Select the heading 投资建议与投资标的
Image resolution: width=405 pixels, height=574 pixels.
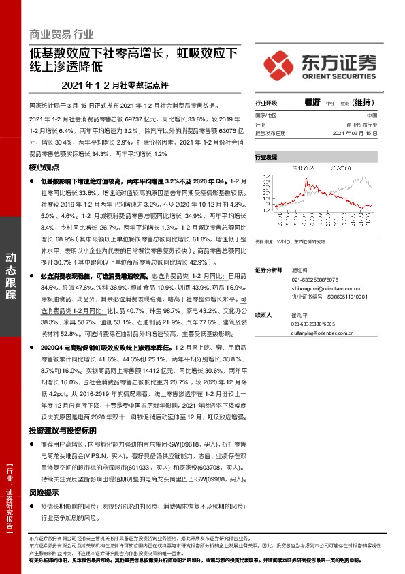(x=62, y=431)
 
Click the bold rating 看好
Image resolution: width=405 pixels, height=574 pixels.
(x=312, y=103)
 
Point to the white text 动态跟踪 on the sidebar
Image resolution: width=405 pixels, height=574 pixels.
(x=12, y=273)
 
